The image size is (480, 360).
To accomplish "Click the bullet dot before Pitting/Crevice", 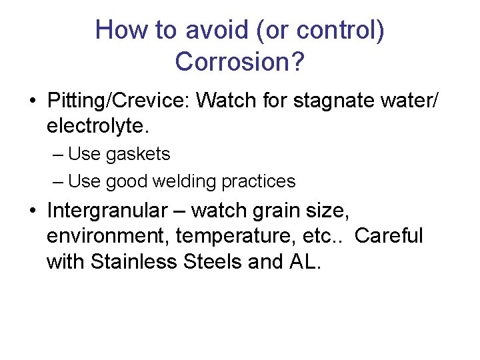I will [x=32, y=101].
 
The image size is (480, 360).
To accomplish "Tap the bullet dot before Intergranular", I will [x=32, y=211].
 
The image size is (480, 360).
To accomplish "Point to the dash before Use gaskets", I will [x=57, y=155].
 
